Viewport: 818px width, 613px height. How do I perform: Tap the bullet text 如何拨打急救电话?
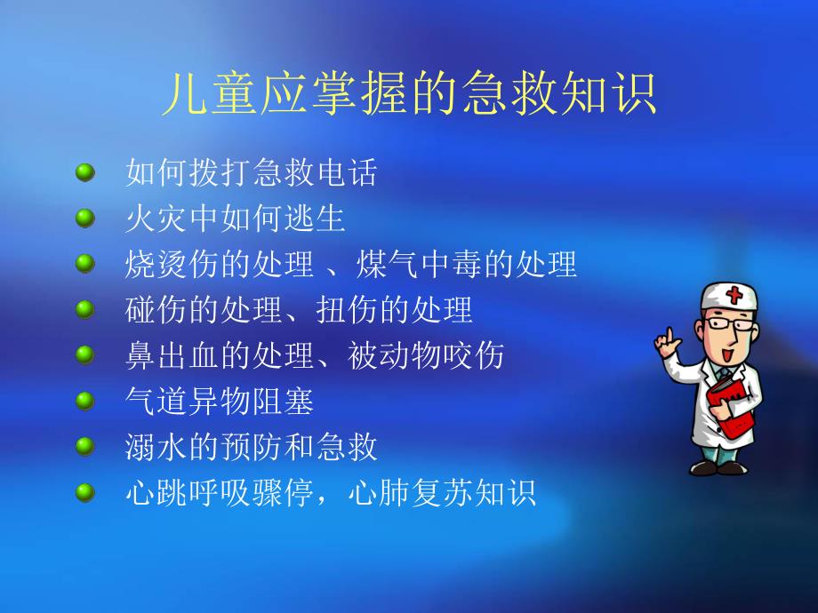click(252, 172)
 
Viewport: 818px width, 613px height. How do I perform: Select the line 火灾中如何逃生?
click(236, 219)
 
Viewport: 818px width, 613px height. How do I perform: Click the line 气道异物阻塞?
click(220, 402)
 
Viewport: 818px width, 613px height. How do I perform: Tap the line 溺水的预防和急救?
click(252, 448)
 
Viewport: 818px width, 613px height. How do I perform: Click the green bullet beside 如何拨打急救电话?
click(85, 171)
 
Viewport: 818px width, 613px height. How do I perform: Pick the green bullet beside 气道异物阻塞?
click(85, 402)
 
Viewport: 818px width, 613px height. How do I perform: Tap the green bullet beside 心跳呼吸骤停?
click(85, 493)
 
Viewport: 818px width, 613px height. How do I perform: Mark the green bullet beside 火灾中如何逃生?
click(85, 218)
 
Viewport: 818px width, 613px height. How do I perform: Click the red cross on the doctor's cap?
click(734, 293)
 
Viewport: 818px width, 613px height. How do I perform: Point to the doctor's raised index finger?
click(661, 335)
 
